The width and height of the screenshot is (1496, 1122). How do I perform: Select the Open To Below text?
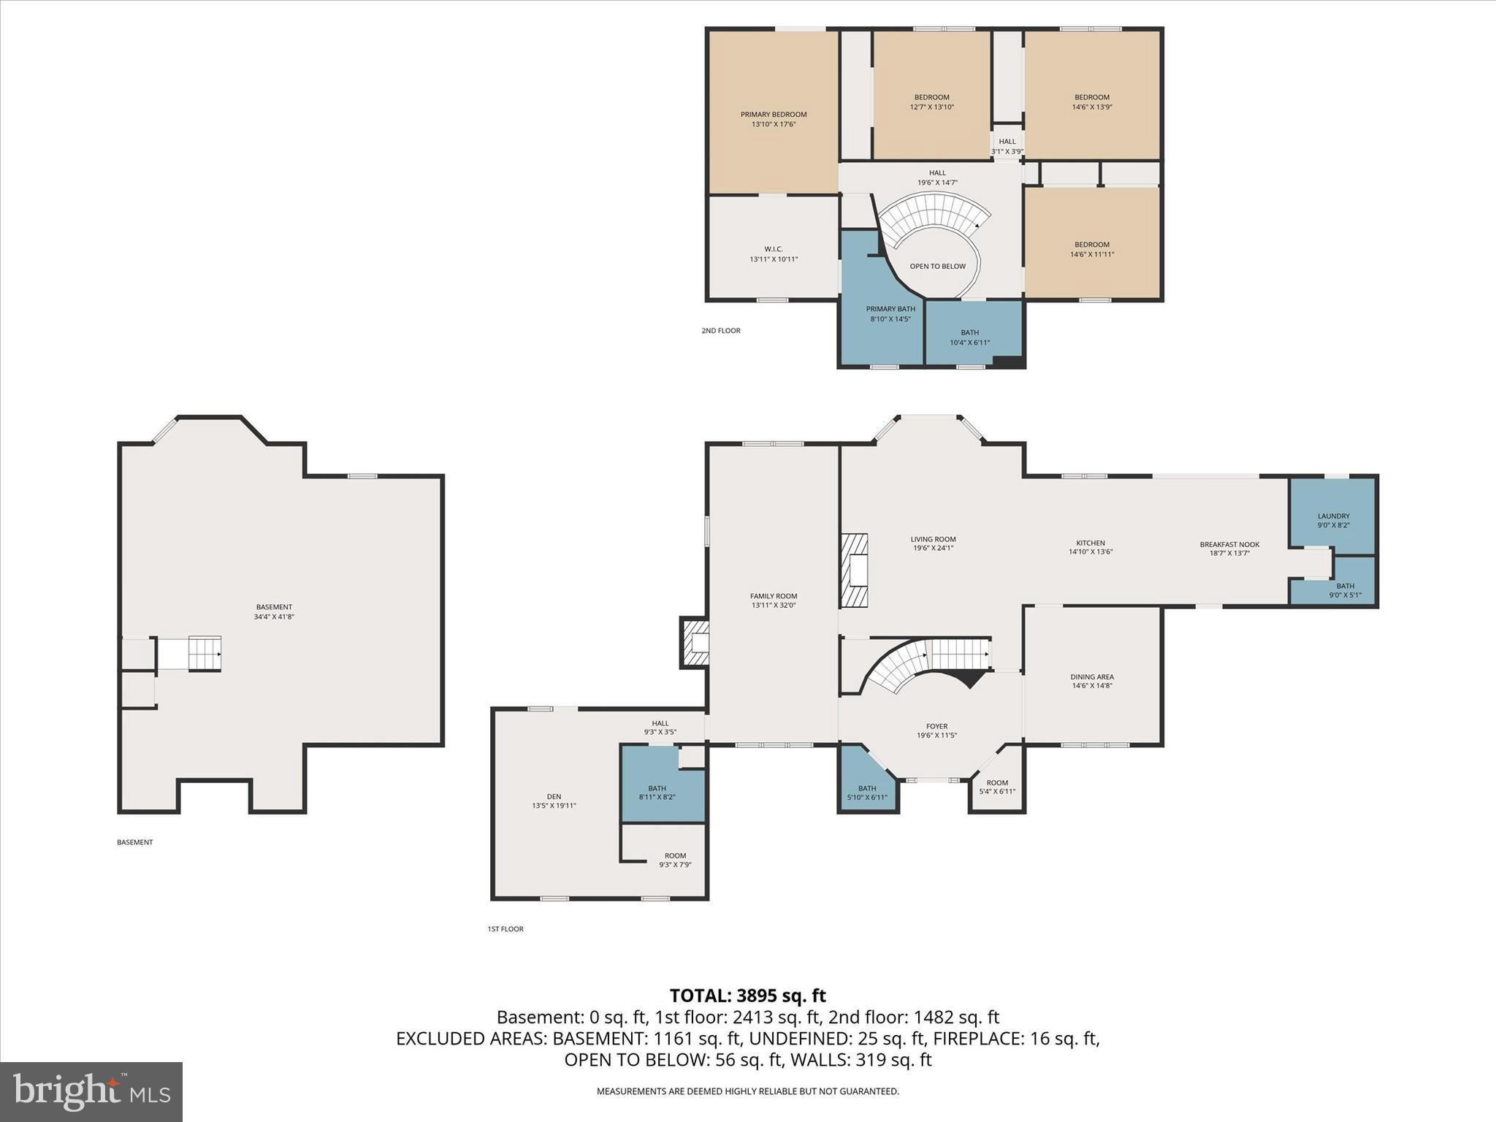(x=937, y=267)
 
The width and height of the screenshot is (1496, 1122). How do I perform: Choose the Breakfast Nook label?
(x=1229, y=545)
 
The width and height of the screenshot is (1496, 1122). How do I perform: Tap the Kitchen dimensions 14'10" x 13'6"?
(x=1090, y=552)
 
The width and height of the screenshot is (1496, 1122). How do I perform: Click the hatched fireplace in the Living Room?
(x=854, y=570)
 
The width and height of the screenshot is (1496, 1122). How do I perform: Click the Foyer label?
(x=936, y=727)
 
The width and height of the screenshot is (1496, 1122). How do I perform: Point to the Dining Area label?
(x=1092, y=677)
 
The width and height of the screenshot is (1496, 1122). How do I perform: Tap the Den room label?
(x=554, y=797)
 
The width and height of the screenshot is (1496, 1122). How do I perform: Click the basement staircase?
(x=205, y=653)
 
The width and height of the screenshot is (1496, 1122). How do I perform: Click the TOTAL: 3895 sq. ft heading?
(x=747, y=996)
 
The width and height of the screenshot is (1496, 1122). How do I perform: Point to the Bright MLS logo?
(x=91, y=1091)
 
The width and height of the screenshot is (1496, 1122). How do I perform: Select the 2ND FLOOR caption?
(x=721, y=331)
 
